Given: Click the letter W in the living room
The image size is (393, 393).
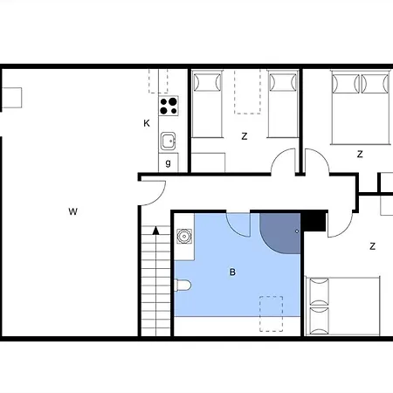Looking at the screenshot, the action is pyautogui.click(x=73, y=211).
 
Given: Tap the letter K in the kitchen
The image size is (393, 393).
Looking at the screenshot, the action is pyautogui.click(x=147, y=123).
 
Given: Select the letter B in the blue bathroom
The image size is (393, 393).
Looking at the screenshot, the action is pyautogui.click(x=232, y=272).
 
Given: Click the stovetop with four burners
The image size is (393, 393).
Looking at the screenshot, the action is pyautogui.click(x=169, y=106).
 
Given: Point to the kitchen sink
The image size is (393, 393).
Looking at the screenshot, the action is pyautogui.click(x=169, y=141).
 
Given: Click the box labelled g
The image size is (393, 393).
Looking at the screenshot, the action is pyautogui.click(x=169, y=162).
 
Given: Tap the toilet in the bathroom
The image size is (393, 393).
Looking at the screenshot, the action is pyautogui.click(x=183, y=285).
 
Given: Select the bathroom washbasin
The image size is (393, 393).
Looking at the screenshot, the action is pyautogui.click(x=184, y=236).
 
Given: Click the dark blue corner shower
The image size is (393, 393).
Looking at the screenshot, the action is pyautogui.click(x=280, y=233).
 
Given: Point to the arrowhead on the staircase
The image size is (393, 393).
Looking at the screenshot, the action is pyautogui.click(x=156, y=231).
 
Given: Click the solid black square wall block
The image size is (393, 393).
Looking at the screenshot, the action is pyautogui.click(x=314, y=221).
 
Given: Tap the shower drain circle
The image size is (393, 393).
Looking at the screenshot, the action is pyautogui.click(x=297, y=231).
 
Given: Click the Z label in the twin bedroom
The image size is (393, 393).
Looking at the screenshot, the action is pyautogui.click(x=245, y=136).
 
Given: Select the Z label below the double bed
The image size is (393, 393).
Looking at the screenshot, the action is pyautogui.click(x=360, y=154).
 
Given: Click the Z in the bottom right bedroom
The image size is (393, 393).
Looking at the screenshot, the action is pyautogui.click(x=372, y=246).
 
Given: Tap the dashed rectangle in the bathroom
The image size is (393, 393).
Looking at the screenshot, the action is pyautogui.click(x=271, y=314).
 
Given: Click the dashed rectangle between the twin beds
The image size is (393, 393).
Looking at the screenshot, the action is pyautogui.click(x=247, y=92).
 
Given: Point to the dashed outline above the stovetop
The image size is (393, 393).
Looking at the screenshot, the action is pyautogui.click(x=158, y=81).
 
